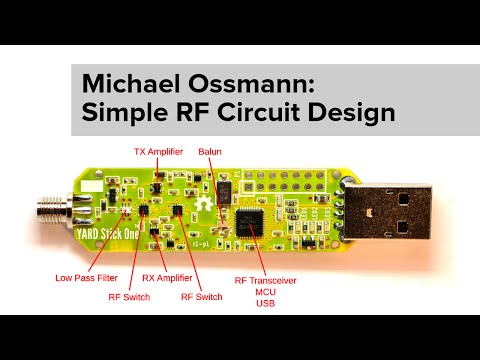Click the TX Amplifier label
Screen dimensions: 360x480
[x=158, y=152]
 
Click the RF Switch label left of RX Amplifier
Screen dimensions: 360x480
[x=127, y=297]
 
